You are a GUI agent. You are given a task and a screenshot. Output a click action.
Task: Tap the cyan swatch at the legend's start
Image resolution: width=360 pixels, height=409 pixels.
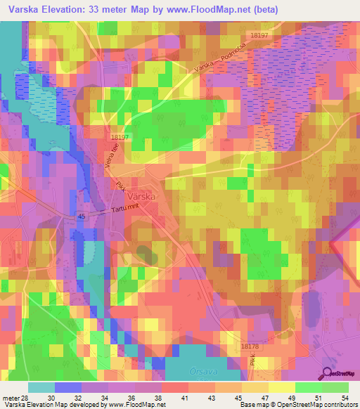coord(42,387)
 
